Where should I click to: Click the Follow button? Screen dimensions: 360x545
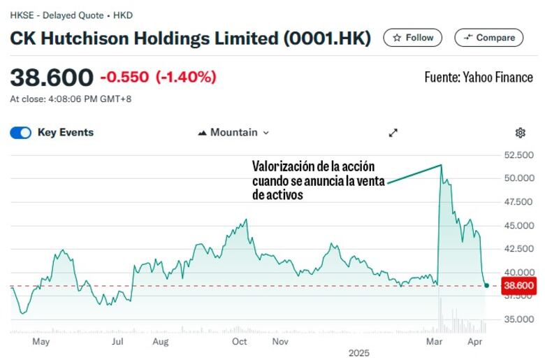click(x=413, y=38)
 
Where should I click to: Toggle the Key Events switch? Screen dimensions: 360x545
click(x=21, y=133)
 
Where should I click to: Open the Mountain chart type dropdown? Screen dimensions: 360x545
click(x=233, y=132)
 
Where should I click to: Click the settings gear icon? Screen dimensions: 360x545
click(x=520, y=133)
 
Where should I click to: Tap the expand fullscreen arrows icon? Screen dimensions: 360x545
click(x=393, y=133)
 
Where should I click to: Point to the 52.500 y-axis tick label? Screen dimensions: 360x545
click(x=518, y=154)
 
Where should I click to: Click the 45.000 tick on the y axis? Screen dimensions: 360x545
click(x=518, y=226)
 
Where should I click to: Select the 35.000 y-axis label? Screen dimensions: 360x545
click(x=518, y=319)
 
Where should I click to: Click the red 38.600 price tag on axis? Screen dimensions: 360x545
click(x=518, y=285)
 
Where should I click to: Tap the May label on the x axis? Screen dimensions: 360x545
click(x=41, y=342)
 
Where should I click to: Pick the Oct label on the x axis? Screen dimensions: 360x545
click(x=240, y=342)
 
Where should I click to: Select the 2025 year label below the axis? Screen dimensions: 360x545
click(x=358, y=354)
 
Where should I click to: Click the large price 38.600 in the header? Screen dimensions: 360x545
click(x=51, y=77)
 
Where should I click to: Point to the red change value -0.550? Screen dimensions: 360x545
click(x=124, y=77)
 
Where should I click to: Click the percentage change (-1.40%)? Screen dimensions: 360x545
click(x=186, y=77)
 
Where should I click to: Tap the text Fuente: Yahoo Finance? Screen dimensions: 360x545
click(x=479, y=78)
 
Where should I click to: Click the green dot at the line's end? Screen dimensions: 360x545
click(x=486, y=285)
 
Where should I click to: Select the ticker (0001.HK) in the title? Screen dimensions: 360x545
click(x=327, y=38)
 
